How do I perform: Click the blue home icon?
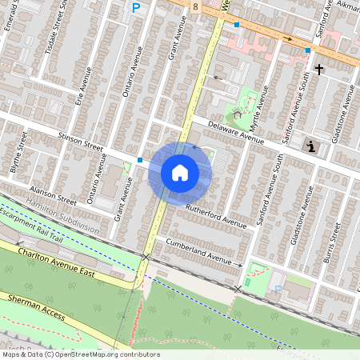point(180,173)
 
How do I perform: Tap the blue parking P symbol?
point(136,7)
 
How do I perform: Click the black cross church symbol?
point(319,70)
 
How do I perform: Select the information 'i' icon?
point(310,146)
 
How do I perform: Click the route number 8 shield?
point(195,6)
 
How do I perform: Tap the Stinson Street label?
point(82,146)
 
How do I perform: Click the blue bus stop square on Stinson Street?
point(140,161)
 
